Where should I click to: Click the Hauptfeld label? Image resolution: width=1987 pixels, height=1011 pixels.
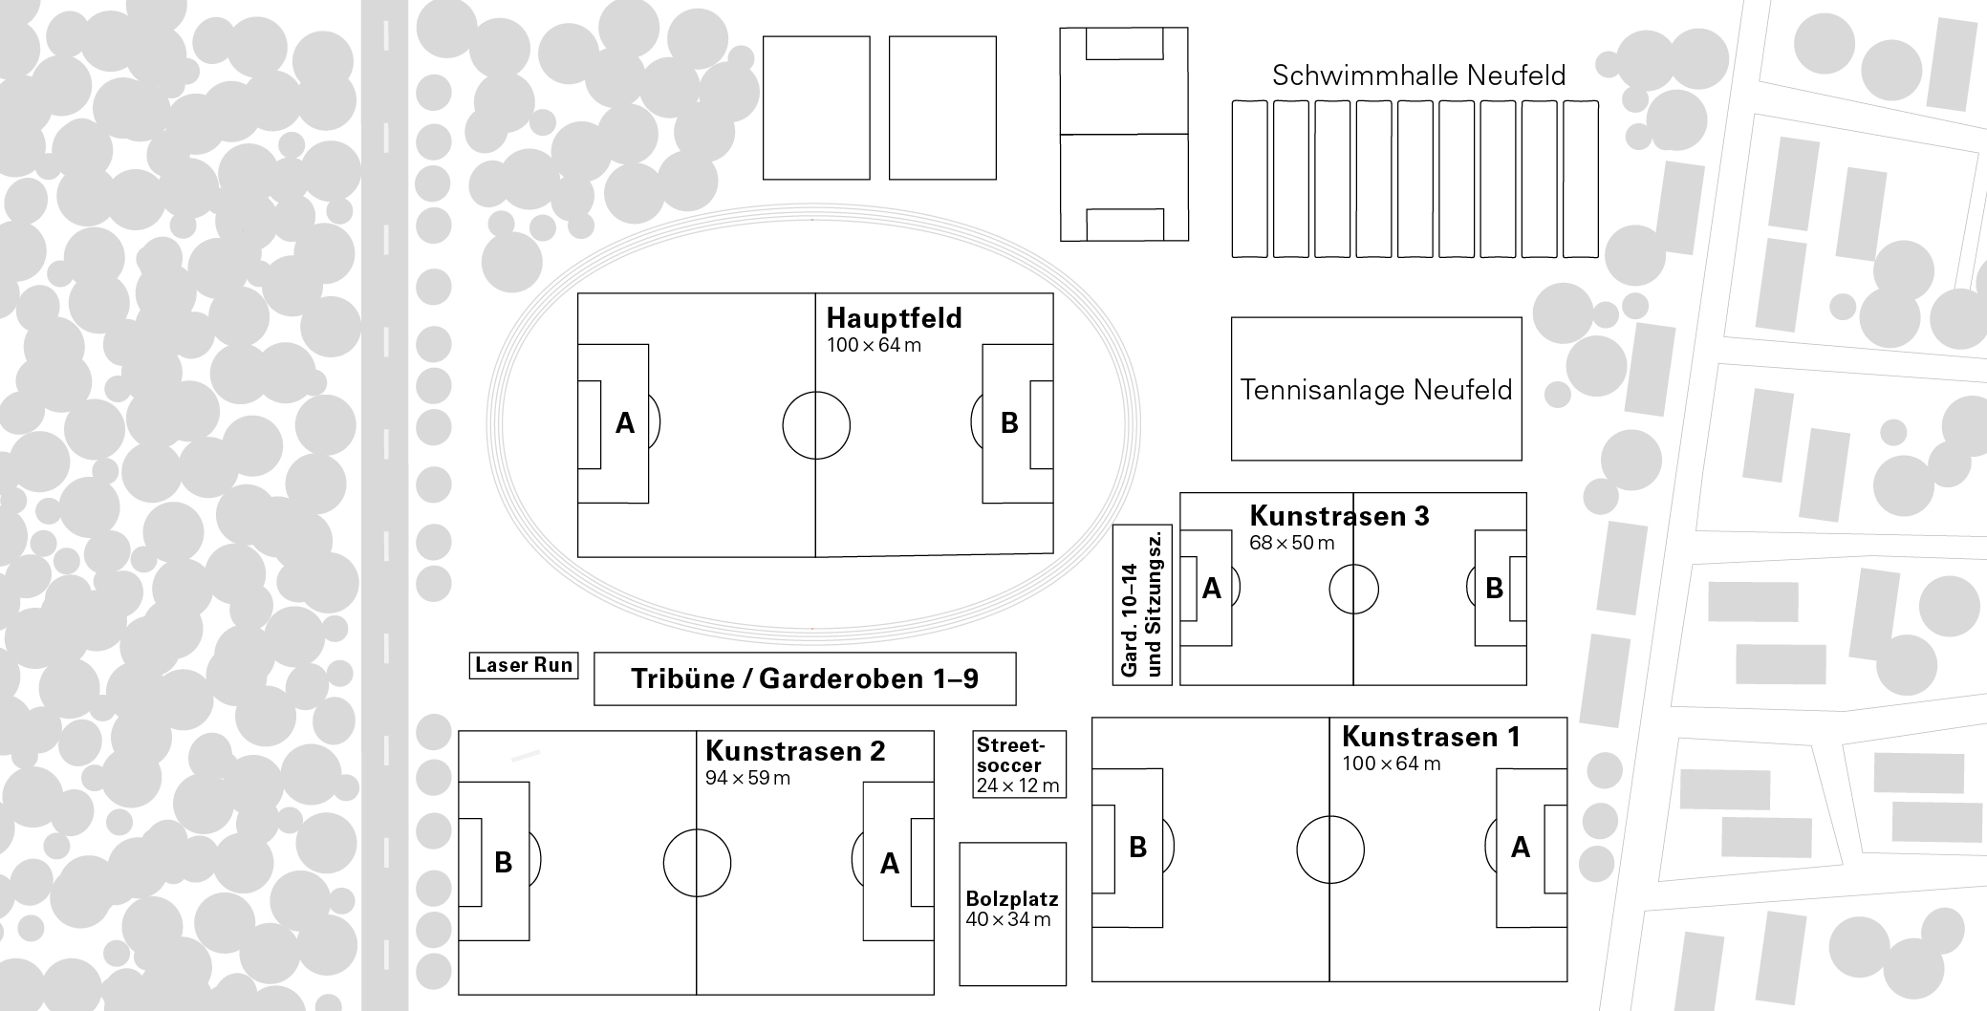[894, 318]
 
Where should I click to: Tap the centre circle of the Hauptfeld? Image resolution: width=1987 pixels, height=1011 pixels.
[815, 425]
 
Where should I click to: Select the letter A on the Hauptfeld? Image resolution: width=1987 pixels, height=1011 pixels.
[625, 423]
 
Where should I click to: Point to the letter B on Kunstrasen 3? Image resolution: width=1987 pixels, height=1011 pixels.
[1494, 589]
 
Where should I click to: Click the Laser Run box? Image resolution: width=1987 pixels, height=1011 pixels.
[524, 665]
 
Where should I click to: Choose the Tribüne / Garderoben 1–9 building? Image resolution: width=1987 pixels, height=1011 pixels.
[805, 678]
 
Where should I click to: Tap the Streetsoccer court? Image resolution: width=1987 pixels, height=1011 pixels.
[1019, 764]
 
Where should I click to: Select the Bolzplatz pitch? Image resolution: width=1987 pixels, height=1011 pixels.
[1012, 913]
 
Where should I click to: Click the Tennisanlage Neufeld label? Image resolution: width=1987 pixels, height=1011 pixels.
[1376, 390]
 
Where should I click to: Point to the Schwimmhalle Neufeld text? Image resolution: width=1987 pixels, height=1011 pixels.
[1418, 75]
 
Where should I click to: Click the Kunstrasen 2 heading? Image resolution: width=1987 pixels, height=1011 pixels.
[795, 751]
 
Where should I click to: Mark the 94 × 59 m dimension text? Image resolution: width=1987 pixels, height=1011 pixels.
[747, 778]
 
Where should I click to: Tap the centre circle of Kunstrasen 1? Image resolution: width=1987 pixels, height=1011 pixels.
[1329, 849]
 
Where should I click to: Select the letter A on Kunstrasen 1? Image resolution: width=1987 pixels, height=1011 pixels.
[1520, 848]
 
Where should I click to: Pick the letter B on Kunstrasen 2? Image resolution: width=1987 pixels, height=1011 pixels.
[503, 863]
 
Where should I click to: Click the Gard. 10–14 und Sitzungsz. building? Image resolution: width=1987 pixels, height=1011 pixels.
[1143, 604]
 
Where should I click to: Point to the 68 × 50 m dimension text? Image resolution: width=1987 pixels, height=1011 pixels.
[1291, 543]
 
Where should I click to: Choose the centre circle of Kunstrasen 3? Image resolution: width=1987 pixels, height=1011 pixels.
[1353, 589]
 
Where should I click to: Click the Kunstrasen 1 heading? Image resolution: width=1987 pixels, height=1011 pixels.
[1431, 737]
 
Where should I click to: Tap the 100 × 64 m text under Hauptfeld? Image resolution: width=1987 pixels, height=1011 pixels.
[874, 345]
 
